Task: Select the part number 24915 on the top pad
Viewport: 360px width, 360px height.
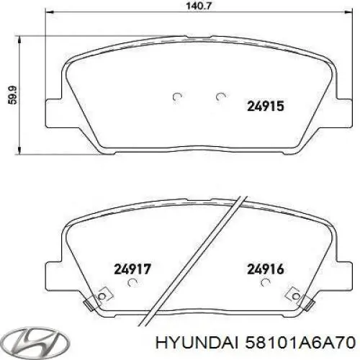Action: pos(266,105)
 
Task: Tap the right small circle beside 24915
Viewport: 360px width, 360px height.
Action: pos(220,97)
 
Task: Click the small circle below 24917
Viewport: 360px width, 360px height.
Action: pos(131,284)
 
